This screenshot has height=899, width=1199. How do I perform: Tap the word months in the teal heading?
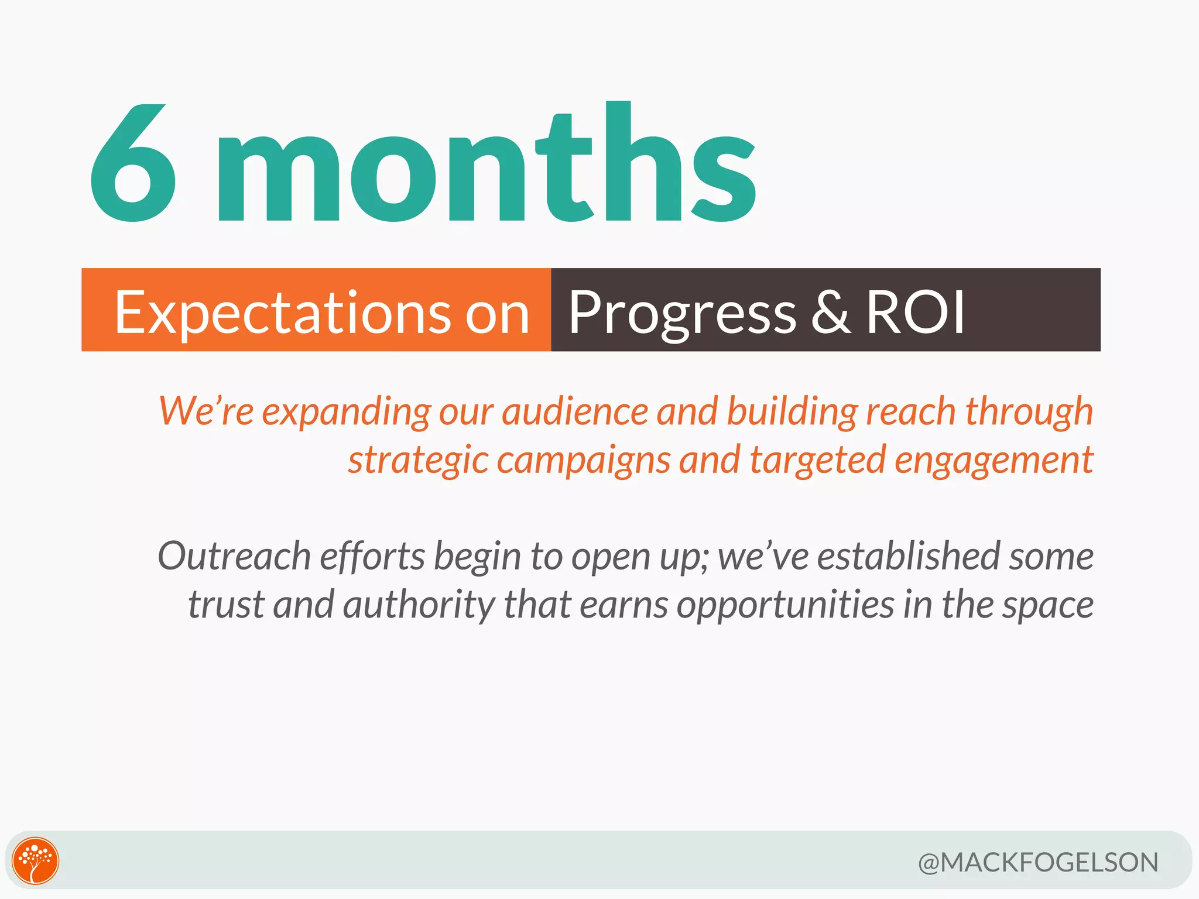tap(486, 170)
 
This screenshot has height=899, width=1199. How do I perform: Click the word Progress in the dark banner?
tap(682, 313)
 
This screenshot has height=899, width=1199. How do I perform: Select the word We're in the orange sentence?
tap(205, 410)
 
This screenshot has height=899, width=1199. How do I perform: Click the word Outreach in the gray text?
tap(234, 556)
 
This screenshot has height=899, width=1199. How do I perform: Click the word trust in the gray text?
tap(226, 605)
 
